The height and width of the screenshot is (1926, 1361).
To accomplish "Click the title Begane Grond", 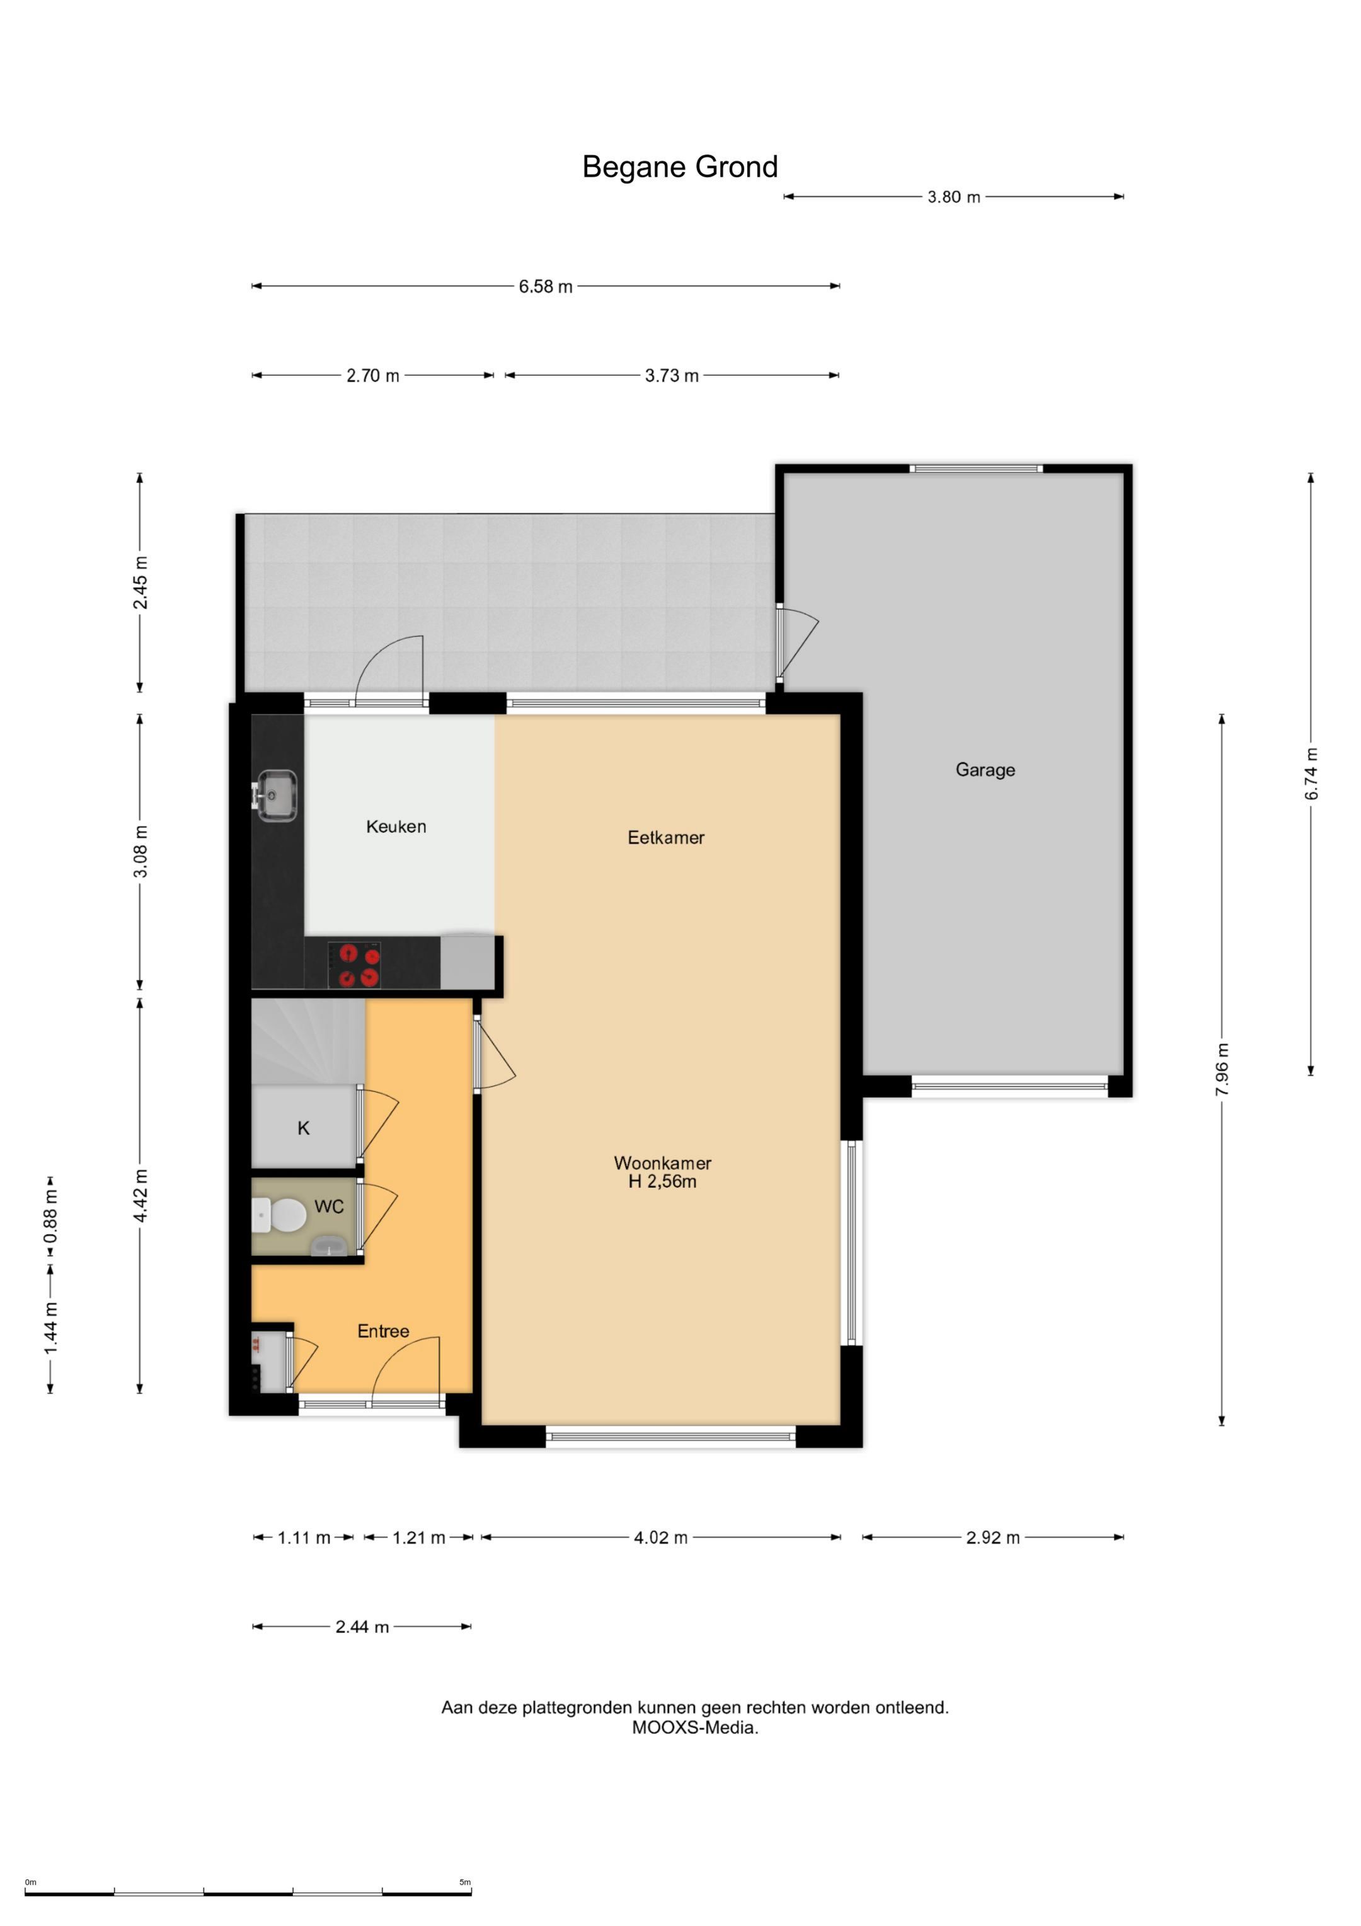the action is click(680, 167).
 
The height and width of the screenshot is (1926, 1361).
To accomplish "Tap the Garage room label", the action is click(985, 770).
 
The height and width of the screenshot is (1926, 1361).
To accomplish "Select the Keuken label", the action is click(396, 827).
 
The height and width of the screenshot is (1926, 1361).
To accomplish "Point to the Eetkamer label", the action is click(666, 837).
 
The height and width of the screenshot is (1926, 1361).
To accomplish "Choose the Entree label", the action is click(383, 1331).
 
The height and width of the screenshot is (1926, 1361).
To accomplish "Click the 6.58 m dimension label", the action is click(545, 287).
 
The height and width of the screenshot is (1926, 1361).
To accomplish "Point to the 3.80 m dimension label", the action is click(953, 198).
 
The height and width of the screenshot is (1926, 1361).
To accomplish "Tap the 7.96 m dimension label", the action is click(1222, 1069).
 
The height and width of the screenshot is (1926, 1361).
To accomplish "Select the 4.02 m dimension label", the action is click(661, 1538).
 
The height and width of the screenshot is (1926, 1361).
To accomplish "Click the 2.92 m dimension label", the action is click(993, 1538).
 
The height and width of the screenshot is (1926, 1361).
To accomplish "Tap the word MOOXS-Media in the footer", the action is click(695, 1727).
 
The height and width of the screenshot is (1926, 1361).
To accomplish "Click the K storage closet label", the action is click(304, 1128).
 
